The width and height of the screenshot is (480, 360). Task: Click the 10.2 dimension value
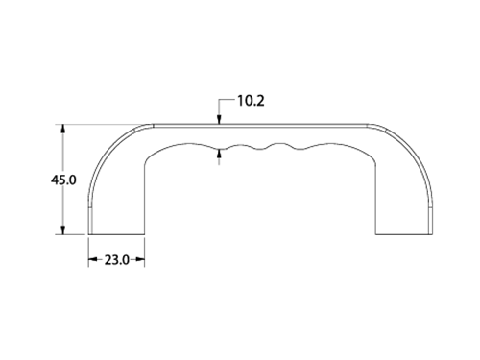(x=251, y=101)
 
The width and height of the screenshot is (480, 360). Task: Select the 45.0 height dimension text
(x=63, y=180)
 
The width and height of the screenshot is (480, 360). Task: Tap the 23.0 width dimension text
(x=117, y=260)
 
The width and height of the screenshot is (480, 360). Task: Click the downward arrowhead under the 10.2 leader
(x=219, y=119)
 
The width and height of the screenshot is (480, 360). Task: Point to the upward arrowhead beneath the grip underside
(x=219, y=154)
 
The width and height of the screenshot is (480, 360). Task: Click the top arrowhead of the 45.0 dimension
(x=63, y=129)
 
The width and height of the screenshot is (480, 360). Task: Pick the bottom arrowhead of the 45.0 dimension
(x=63, y=229)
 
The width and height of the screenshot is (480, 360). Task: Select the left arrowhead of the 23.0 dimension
(x=93, y=259)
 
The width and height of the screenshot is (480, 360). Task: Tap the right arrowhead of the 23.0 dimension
(x=140, y=259)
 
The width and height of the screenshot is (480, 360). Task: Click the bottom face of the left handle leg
(x=116, y=234)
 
